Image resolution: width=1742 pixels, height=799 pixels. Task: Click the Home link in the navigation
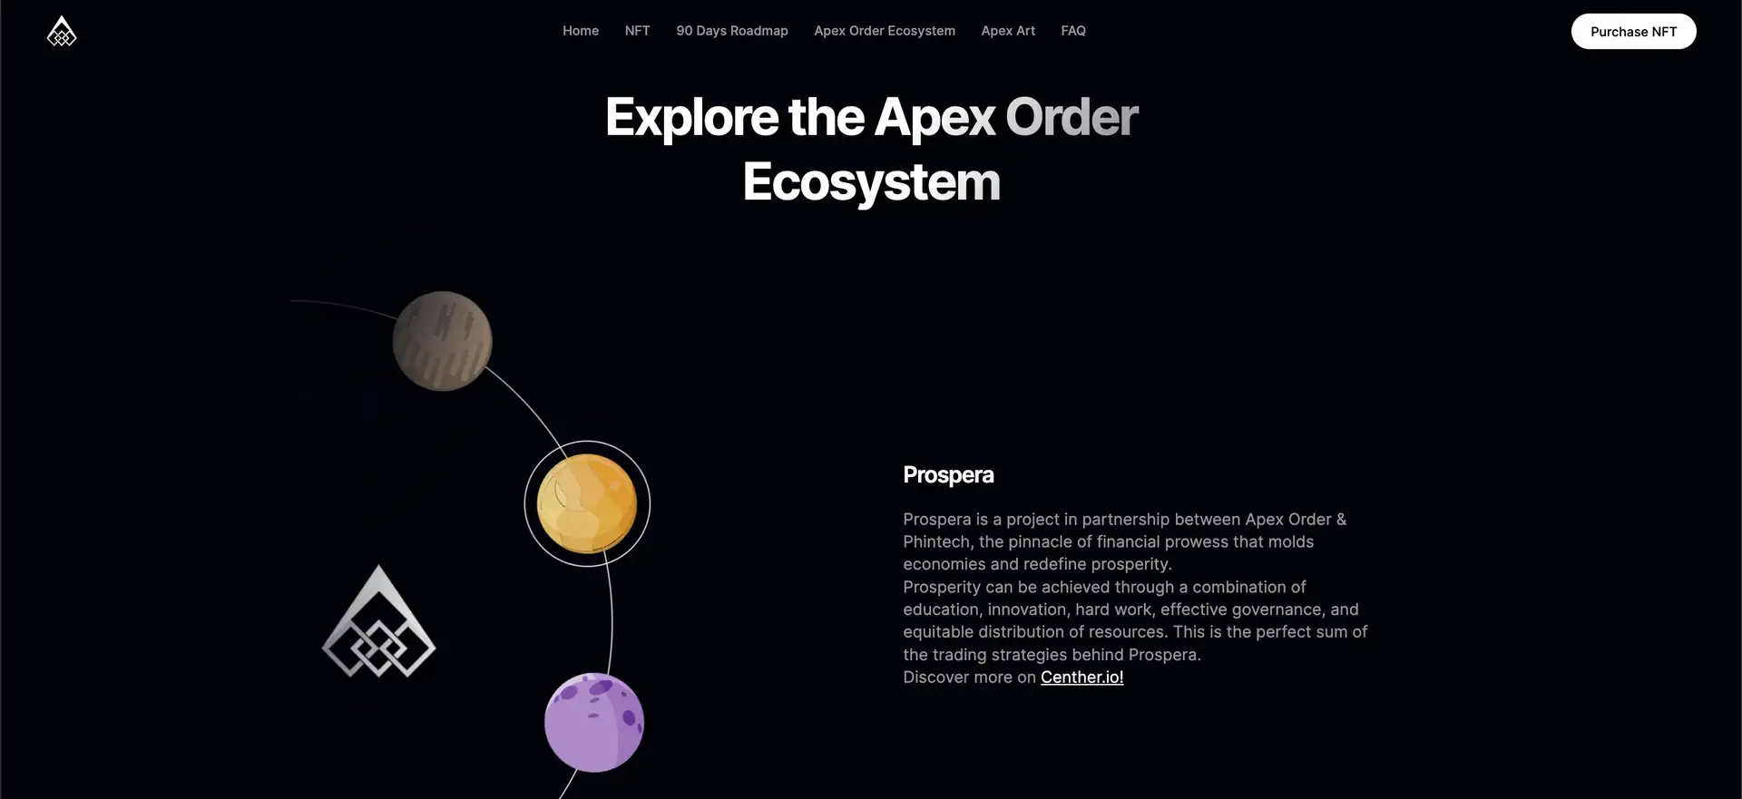coord(581,31)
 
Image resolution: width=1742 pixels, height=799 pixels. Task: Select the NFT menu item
coord(637,31)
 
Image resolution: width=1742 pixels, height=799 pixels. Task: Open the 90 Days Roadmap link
coord(732,31)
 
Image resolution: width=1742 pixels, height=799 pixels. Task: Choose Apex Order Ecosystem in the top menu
coord(885,31)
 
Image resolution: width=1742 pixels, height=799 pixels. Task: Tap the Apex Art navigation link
coord(1008,31)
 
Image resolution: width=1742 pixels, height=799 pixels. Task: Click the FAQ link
coord(1073,31)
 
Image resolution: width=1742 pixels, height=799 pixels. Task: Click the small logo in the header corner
coord(62,32)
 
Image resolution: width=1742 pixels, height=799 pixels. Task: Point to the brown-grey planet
coord(442,341)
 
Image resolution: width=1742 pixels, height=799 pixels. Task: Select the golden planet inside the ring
coord(587,503)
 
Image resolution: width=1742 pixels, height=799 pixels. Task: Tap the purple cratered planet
coord(594,723)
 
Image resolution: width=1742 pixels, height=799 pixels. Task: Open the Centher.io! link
coord(1081,677)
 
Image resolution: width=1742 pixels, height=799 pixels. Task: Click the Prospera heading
coord(948,475)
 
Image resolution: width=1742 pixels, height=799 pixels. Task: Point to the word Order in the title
coord(1072,117)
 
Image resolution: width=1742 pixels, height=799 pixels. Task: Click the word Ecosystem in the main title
coord(872,182)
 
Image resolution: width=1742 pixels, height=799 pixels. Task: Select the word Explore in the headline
coord(691,119)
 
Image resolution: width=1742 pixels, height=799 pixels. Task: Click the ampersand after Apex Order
coord(1341,520)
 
